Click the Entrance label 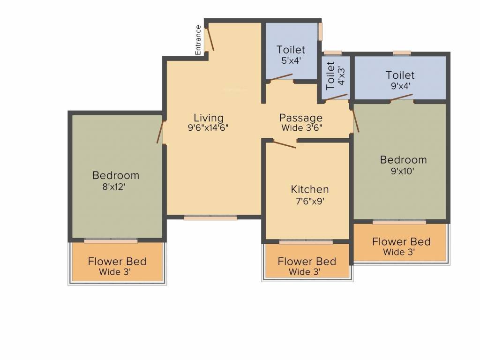[198, 40]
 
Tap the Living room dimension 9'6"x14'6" [208, 127]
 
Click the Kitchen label [310, 189]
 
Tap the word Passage [301, 118]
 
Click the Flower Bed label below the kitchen [307, 262]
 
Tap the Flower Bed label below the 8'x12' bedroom [117, 262]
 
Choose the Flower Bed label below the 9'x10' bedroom [401, 242]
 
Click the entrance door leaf [210, 38]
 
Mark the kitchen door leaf [285, 144]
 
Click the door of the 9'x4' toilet [401, 97]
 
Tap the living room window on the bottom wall [210, 217]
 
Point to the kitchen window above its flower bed [306, 242]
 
